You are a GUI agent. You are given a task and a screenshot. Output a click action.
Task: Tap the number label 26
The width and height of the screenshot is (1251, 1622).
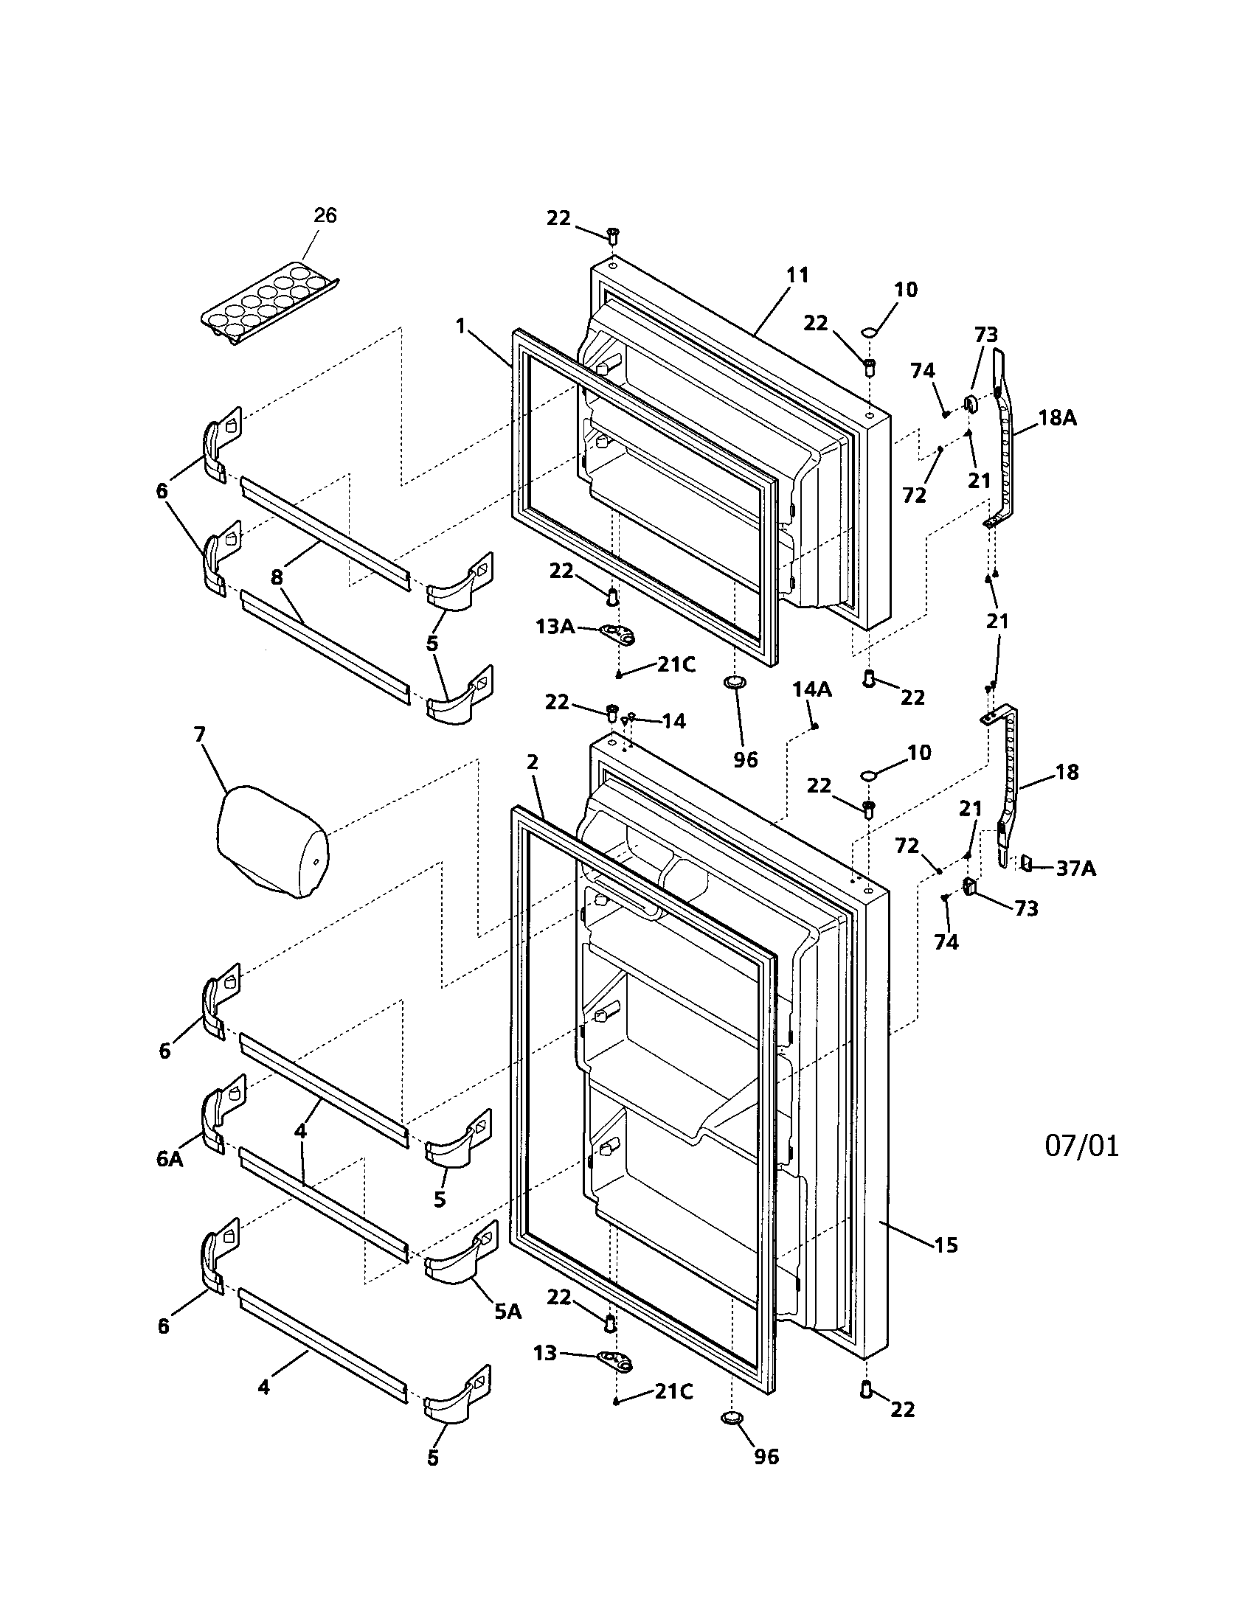pyautogui.click(x=325, y=215)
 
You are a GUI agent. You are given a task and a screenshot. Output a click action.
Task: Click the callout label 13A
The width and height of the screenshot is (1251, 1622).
pyautogui.click(x=555, y=626)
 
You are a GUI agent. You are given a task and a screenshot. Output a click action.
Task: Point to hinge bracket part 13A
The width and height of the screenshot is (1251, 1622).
pyautogui.click(x=618, y=634)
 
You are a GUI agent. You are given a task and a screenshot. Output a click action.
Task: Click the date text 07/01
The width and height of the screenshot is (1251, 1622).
pyautogui.click(x=1081, y=1146)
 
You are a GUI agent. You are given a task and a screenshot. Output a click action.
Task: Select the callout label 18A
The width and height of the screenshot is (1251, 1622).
pyautogui.click(x=1057, y=417)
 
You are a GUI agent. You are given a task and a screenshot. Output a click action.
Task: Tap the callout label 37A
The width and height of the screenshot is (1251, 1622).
pyautogui.click(x=1075, y=867)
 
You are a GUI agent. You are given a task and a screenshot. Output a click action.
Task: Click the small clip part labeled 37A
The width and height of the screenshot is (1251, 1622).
pyautogui.click(x=1028, y=863)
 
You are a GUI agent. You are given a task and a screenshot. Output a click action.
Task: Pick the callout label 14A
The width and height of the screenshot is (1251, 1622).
pyautogui.click(x=811, y=689)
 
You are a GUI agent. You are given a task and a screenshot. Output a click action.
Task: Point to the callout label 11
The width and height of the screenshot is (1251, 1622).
pyautogui.click(x=797, y=275)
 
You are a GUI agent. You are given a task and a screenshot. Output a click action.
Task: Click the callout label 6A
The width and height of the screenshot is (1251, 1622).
pyautogui.click(x=170, y=1159)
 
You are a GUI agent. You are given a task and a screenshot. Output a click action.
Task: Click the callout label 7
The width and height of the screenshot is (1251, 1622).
pyautogui.click(x=199, y=734)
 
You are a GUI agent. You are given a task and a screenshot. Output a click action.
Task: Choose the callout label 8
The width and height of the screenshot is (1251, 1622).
pyautogui.click(x=277, y=577)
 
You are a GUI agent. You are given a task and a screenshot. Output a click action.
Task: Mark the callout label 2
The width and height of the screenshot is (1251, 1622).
pyautogui.click(x=532, y=762)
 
